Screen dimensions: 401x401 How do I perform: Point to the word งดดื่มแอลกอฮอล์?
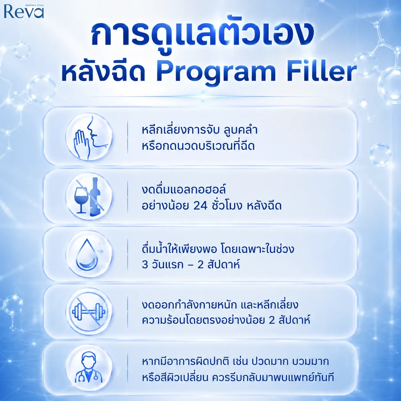181,189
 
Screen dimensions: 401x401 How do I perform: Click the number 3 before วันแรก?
145,265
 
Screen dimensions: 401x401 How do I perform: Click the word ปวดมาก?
270,362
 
